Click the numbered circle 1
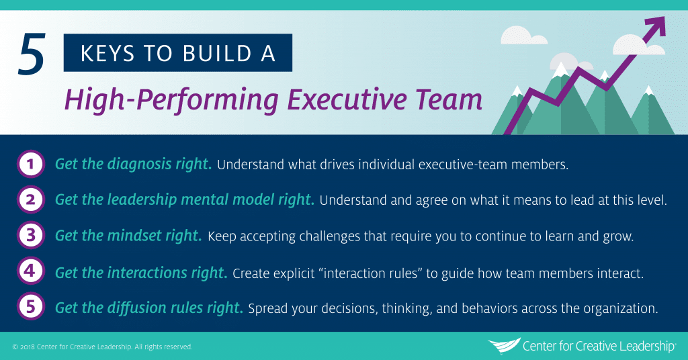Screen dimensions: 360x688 click(30, 164)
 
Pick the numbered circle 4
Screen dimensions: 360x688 click(30, 272)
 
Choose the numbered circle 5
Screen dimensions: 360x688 click(30, 308)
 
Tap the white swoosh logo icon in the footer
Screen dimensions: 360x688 click(503, 346)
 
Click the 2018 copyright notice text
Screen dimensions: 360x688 click(103, 347)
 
